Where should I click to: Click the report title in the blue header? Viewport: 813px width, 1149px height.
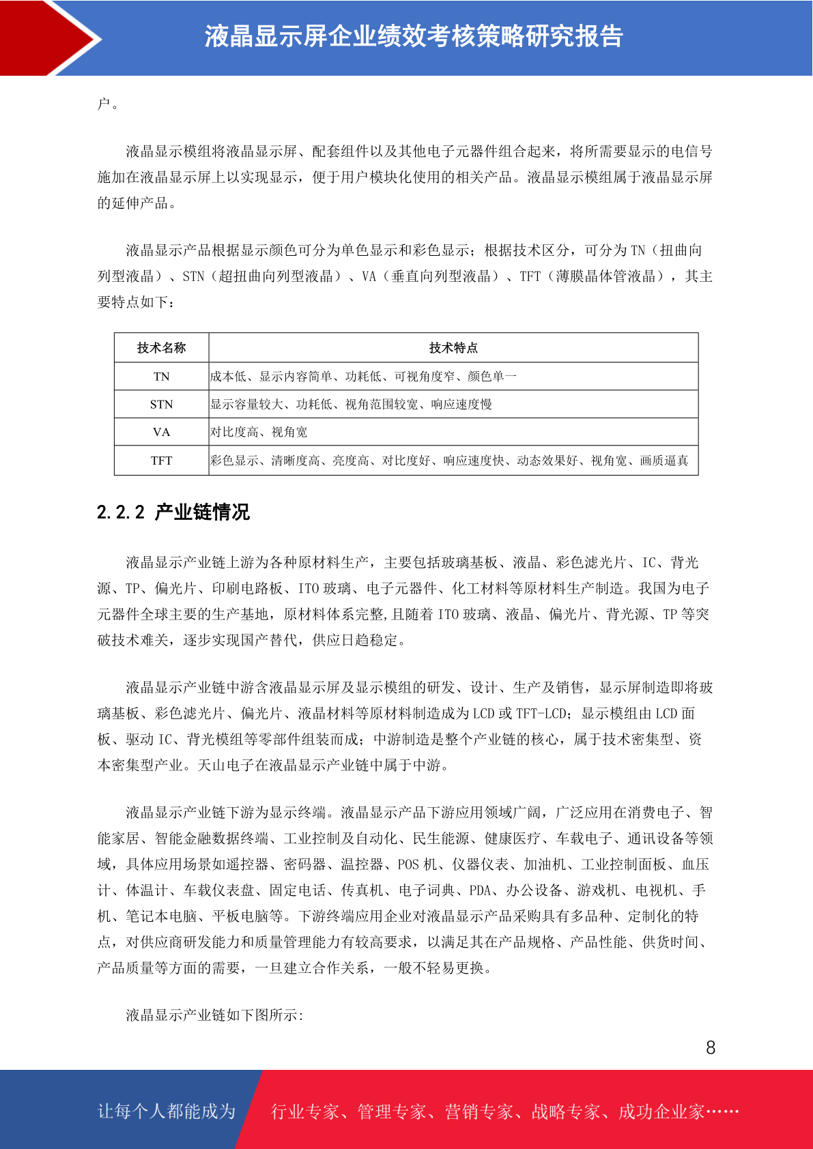414,37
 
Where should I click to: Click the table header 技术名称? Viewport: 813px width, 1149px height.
161,348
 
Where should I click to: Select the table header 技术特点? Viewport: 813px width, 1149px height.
453,348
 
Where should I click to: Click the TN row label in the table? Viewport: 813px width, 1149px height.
161,377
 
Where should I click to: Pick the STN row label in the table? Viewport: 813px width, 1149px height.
161,405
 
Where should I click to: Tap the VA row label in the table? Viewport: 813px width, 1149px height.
161,433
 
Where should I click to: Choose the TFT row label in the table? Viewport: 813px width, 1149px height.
161,461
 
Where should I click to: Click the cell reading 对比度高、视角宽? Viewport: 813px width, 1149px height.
259,433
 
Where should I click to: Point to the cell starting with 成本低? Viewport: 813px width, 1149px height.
363,377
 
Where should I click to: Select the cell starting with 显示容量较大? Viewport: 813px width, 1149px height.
351,405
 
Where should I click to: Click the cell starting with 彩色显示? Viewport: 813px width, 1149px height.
449,461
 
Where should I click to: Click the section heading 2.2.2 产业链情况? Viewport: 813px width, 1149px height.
173,512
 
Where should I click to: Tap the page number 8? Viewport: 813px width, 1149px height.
711,1048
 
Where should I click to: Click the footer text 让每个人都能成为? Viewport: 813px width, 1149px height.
167,1111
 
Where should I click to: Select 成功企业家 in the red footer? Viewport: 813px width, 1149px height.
661,1112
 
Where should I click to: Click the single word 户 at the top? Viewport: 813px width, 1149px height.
104,104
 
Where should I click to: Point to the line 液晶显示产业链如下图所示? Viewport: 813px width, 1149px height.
214,1015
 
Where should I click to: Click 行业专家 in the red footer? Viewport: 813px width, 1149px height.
305,1112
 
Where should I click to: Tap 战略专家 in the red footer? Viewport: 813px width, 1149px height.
566,1112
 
